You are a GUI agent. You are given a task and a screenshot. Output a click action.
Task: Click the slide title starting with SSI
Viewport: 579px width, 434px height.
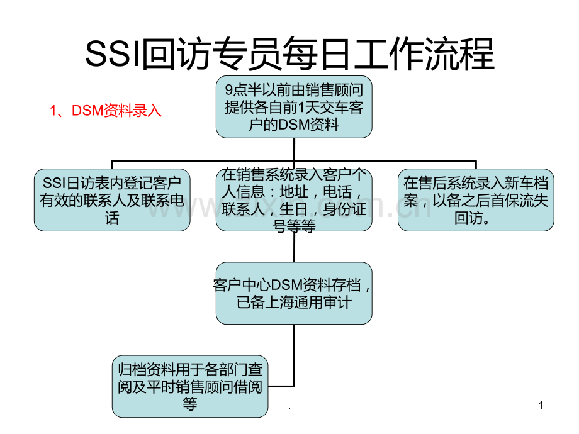click(x=289, y=55)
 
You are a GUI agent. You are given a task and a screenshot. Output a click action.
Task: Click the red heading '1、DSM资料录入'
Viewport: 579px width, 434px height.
click(x=106, y=111)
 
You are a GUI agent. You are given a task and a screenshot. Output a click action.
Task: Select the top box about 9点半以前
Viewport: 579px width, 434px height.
click(x=293, y=107)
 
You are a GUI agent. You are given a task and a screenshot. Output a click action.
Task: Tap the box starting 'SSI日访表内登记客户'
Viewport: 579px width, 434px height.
click(x=112, y=200)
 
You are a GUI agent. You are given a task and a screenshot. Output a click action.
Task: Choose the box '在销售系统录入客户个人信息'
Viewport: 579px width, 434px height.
click(x=293, y=200)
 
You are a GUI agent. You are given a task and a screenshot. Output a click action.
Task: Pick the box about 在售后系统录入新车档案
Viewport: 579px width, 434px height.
click(x=476, y=200)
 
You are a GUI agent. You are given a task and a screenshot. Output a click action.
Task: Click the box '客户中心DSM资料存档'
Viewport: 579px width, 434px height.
click(x=293, y=293)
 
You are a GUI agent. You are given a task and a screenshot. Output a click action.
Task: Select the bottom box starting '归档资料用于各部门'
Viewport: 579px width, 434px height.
click(x=189, y=386)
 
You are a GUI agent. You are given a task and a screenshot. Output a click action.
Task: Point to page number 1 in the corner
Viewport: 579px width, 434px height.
click(x=541, y=406)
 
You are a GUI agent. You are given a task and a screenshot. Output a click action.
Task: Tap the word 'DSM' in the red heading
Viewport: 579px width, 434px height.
click(x=86, y=111)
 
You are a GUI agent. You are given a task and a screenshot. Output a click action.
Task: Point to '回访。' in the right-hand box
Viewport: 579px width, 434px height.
click(x=475, y=218)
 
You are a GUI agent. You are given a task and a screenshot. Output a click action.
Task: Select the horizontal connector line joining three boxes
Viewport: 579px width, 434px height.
click(x=189, y=160)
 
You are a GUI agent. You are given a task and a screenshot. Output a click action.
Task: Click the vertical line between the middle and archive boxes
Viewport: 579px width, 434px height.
click(x=294, y=247)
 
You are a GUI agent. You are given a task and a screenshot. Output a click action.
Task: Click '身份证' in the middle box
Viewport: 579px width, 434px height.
click(x=345, y=209)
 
